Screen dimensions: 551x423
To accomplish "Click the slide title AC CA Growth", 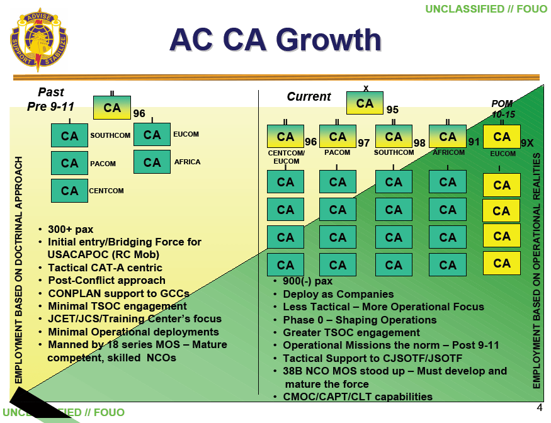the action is click(275, 40).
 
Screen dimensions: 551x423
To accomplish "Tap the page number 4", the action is click(539, 406).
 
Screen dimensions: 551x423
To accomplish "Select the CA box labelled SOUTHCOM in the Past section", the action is click(69, 135).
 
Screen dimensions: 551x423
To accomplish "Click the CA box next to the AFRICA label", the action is click(152, 162).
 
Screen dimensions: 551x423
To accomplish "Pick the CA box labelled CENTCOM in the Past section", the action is click(69, 191).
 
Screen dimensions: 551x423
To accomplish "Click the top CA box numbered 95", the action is click(365, 104).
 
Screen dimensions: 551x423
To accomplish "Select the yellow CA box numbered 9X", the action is click(502, 137).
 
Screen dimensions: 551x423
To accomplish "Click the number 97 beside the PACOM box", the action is click(364, 144).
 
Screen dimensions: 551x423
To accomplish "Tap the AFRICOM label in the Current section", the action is click(448, 152).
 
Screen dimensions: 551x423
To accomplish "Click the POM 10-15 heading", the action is click(502, 109).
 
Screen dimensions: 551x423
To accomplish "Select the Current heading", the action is click(309, 97).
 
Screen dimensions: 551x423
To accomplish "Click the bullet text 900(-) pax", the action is click(307, 281).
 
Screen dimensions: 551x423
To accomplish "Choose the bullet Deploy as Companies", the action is click(338, 294).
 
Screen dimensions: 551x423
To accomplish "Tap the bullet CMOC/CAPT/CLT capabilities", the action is click(358, 397).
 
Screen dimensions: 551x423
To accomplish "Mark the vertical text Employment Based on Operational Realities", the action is click(537, 271).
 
